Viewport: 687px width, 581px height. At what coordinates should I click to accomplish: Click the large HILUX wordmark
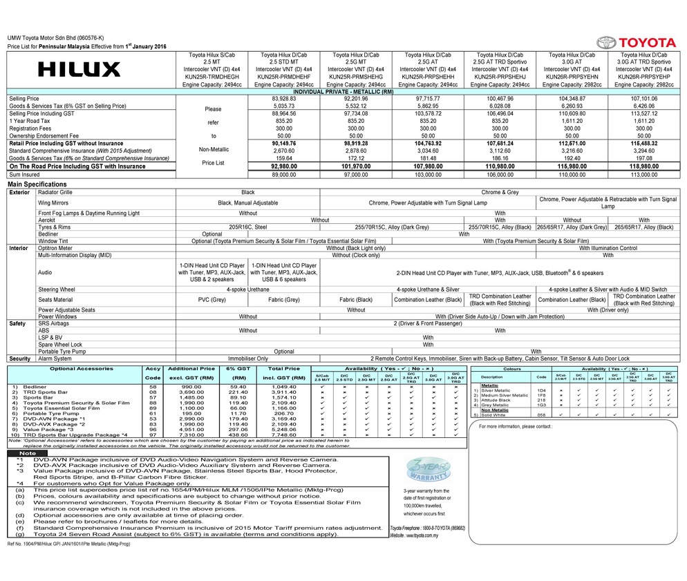tap(79, 69)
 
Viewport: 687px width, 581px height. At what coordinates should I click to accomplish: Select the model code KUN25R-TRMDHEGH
tap(213, 77)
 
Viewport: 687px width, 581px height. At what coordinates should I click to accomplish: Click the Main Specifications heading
tap(37, 184)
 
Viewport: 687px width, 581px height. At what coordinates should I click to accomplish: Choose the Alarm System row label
tap(55, 359)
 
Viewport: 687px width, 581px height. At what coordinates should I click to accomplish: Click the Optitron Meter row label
tap(55, 247)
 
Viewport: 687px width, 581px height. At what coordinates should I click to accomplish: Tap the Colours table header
tap(513, 369)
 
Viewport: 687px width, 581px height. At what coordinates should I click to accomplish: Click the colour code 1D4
tap(541, 390)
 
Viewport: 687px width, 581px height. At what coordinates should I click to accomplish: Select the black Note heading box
tap(28, 453)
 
